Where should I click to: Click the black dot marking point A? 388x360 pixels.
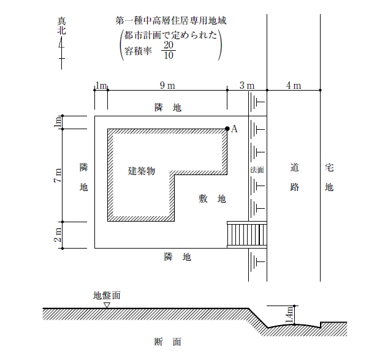point(227,129)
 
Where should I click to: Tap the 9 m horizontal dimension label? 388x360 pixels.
point(167,86)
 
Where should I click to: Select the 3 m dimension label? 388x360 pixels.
point(246,86)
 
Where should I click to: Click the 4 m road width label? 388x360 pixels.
point(294,86)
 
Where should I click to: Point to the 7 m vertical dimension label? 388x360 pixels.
point(58,175)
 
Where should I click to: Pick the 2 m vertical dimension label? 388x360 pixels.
point(58,234)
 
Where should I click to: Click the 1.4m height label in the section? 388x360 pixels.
point(289,315)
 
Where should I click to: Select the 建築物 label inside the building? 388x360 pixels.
point(142,171)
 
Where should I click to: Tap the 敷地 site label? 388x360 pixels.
point(212,198)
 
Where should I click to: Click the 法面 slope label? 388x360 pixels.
point(257,170)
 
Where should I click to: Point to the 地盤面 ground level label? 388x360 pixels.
point(107,295)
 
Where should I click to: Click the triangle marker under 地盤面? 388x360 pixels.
point(107,306)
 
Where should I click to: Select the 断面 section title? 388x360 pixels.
point(168,342)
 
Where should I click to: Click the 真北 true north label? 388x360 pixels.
point(62,26)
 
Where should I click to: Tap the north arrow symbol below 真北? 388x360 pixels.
point(61,53)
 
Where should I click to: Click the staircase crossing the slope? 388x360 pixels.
point(247,234)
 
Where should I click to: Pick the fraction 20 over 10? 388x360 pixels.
point(169,50)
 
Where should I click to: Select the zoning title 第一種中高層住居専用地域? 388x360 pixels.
point(171,20)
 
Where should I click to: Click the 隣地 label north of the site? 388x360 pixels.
point(168,108)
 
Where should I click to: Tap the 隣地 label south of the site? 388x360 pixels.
point(177,257)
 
